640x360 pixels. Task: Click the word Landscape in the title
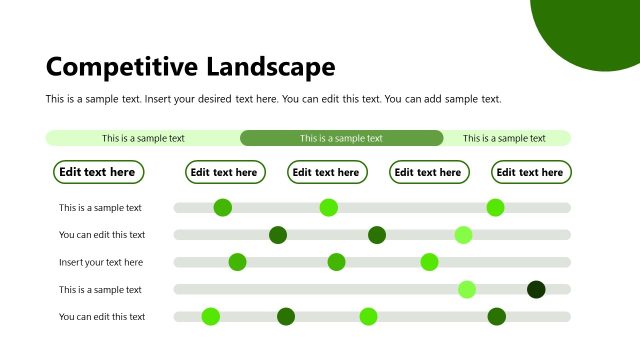271,67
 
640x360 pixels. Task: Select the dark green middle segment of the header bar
341,138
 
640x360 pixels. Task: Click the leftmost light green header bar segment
143,138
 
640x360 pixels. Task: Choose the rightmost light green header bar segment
505,138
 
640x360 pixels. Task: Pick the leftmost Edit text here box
97,172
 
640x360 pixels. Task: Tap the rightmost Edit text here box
530,172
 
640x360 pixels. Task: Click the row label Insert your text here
101,262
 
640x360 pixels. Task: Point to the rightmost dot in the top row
495,208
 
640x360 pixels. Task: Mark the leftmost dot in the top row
223,208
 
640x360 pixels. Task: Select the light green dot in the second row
463,235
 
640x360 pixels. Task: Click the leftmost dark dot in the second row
278,235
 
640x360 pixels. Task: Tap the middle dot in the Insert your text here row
336,262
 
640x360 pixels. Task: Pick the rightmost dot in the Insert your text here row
429,262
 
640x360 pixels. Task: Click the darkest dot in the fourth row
536,290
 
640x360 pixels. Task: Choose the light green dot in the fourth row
467,290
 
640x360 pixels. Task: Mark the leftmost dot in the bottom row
210,317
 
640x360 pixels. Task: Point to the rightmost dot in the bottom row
497,317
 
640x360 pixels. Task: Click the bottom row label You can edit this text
102,317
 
